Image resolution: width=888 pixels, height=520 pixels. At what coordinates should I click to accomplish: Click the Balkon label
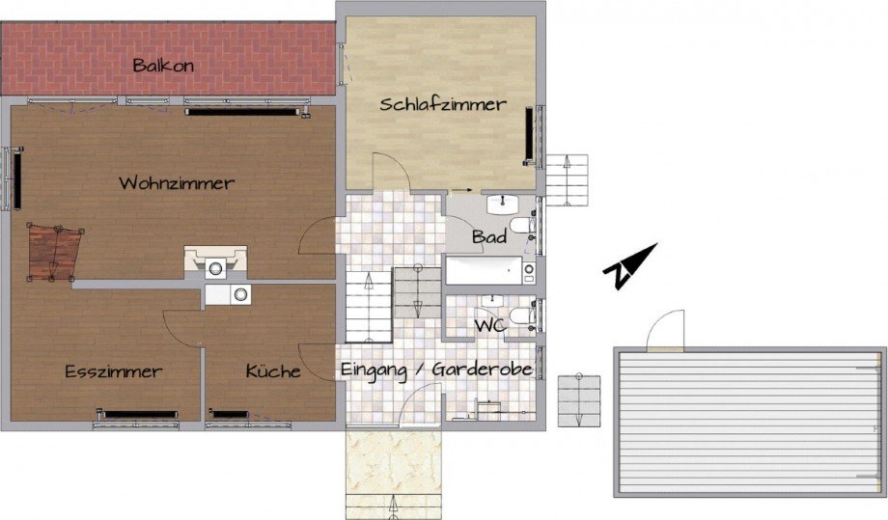pyautogui.click(x=164, y=66)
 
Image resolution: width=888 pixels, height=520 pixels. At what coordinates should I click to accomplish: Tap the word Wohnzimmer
pyautogui.click(x=177, y=182)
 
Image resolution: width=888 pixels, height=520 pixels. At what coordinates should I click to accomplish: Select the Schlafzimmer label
pyautogui.click(x=442, y=104)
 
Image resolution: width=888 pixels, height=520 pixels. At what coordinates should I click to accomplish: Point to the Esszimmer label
pyautogui.click(x=113, y=371)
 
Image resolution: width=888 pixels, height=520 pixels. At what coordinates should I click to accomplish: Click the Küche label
pyautogui.click(x=273, y=371)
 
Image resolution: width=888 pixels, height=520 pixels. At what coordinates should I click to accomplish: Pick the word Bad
pyautogui.click(x=485, y=236)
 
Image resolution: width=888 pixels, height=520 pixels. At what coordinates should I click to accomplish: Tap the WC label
pyautogui.click(x=490, y=326)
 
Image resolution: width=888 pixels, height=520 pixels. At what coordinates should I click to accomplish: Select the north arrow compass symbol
pyautogui.click(x=628, y=265)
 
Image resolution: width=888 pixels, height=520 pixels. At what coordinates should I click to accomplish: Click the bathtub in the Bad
pyautogui.click(x=488, y=269)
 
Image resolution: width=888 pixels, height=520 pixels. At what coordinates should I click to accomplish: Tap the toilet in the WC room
pyautogui.click(x=521, y=315)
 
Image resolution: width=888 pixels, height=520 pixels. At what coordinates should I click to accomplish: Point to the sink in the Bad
pyautogui.click(x=502, y=205)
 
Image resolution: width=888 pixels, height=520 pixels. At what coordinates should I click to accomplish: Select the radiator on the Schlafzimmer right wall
pyautogui.click(x=529, y=135)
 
